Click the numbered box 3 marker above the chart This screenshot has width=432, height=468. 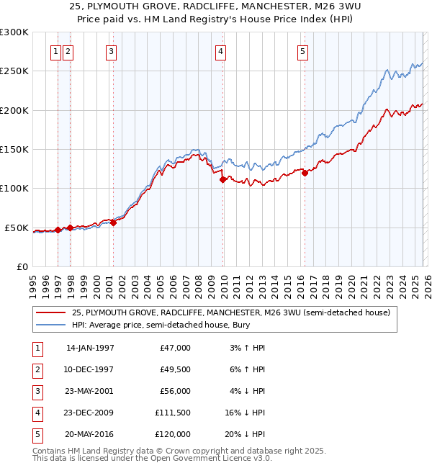point(112,51)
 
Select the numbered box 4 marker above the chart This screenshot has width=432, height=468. point(220,51)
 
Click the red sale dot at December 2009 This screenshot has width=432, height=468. point(222,179)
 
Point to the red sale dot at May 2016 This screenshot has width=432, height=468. point(305,173)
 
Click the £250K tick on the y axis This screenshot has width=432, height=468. point(14,71)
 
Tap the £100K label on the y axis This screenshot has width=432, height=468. point(14,189)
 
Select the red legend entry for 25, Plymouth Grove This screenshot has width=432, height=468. point(230,313)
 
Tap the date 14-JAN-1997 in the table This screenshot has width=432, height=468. point(90,348)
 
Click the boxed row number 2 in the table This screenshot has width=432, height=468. point(36,369)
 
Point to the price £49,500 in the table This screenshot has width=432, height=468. point(174,369)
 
